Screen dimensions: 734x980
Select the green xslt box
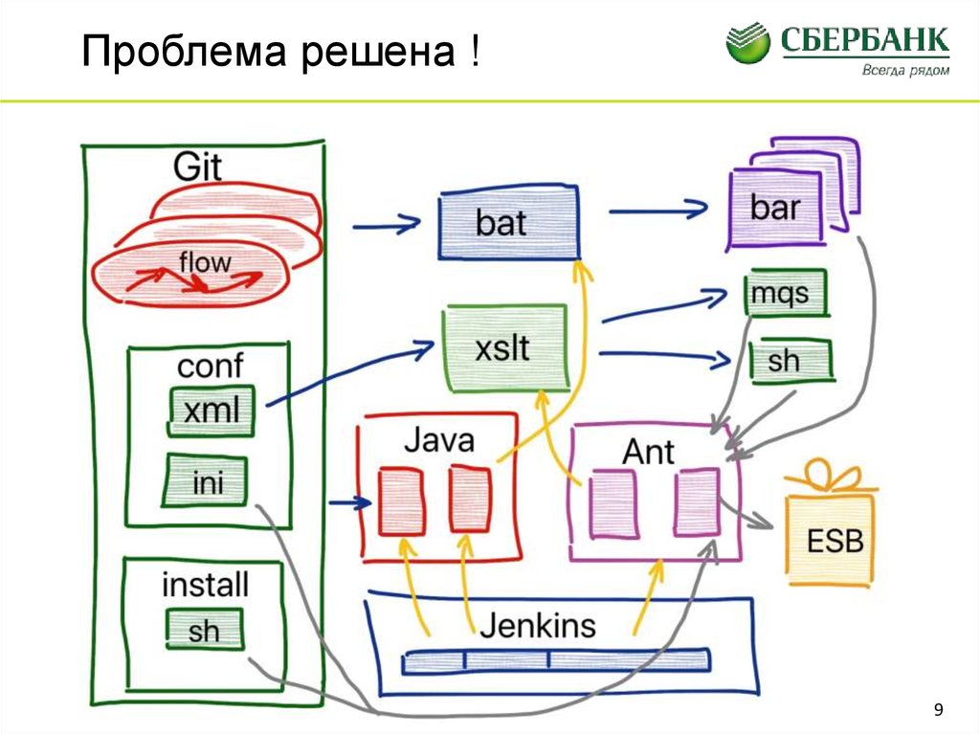503,348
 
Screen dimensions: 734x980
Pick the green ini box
207,481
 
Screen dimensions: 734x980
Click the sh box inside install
203,630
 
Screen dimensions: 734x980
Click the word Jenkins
537,626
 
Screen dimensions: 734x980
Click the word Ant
648,451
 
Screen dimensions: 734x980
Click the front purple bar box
774,208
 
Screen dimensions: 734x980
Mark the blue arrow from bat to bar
657,208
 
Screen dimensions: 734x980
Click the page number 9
938,709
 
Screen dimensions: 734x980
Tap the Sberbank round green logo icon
747,43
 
